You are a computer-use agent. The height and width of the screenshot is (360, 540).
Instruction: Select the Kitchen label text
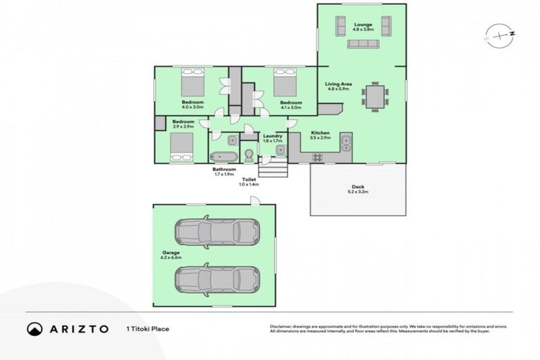321,134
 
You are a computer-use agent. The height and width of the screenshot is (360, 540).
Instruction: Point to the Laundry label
272,138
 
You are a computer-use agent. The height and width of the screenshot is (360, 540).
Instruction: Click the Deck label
358,188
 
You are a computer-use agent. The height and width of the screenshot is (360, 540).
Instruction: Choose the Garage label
172,255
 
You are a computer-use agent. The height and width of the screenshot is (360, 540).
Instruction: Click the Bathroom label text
224,171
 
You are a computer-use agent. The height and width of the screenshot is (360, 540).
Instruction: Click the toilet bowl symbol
250,155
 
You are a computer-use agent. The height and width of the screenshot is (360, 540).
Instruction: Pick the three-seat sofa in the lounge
364,44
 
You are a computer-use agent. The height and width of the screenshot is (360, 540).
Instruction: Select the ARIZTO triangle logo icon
34,328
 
